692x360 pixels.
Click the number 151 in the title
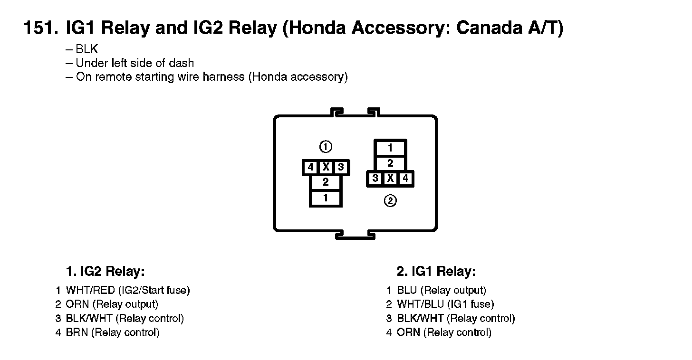(x=41, y=28)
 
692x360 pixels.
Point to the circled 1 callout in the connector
(x=326, y=147)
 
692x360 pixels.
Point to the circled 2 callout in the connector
(x=390, y=201)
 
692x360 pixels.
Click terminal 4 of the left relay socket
(x=311, y=167)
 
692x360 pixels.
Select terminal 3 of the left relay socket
(x=341, y=167)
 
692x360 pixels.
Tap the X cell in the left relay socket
(x=326, y=167)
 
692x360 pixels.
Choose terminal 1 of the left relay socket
(x=326, y=198)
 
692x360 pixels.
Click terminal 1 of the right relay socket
(x=390, y=148)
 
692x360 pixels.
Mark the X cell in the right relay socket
(x=390, y=179)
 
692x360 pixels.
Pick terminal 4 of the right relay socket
(x=405, y=179)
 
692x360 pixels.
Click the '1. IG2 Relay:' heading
(x=105, y=272)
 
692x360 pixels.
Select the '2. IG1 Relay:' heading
(x=436, y=272)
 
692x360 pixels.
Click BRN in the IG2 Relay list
(x=77, y=332)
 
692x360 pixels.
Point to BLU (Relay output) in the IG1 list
(x=442, y=290)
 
